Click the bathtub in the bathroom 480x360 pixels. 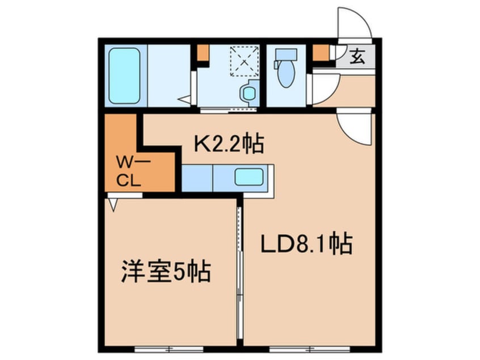(124, 76)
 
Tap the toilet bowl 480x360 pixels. (286, 74)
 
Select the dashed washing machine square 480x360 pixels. (244, 61)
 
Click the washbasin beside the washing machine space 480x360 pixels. (248, 93)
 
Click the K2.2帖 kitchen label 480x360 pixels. (229, 145)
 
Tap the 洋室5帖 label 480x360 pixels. (166, 272)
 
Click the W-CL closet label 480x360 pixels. (129, 172)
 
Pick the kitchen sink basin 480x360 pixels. (249, 177)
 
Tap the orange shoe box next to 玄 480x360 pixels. (321, 53)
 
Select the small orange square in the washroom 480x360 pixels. (203, 52)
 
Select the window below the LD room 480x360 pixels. (309, 348)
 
